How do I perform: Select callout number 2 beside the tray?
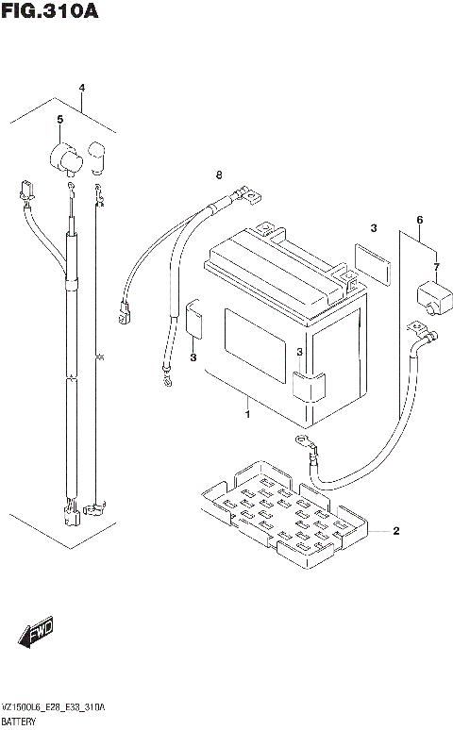click(395, 531)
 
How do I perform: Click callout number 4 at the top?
click(82, 89)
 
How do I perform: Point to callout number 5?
click(59, 120)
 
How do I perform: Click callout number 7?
click(436, 268)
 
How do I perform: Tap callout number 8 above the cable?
click(218, 175)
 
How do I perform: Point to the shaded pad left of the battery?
click(195, 321)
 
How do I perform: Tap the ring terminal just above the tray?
click(303, 441)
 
